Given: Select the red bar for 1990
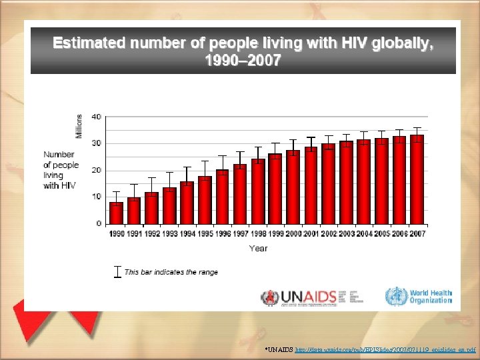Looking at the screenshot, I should [x=116, y=213].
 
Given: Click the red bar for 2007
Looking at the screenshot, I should [x=417, y=179].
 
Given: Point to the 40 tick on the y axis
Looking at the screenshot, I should [x=97, y=117].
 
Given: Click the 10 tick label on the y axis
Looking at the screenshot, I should [x=97, y=197].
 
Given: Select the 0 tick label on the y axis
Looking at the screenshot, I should [x=99, y=223].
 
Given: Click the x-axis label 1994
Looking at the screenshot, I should [x=187, y=234].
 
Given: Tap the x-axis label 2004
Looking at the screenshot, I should [x=363, y=234].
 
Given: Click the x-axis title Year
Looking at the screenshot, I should [x=258, y=248].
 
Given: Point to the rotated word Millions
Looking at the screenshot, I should [x=79, y=126].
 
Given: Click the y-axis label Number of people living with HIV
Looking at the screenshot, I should [x=61, y=170].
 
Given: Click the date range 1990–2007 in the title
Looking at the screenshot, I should [x=243, y=61].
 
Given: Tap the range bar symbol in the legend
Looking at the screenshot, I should [x=118, y=272].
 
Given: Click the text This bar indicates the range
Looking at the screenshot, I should [x=171, y=272].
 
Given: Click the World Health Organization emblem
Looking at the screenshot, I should [x=397, y=296].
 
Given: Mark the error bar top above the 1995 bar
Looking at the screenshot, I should [x=205, y=161].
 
